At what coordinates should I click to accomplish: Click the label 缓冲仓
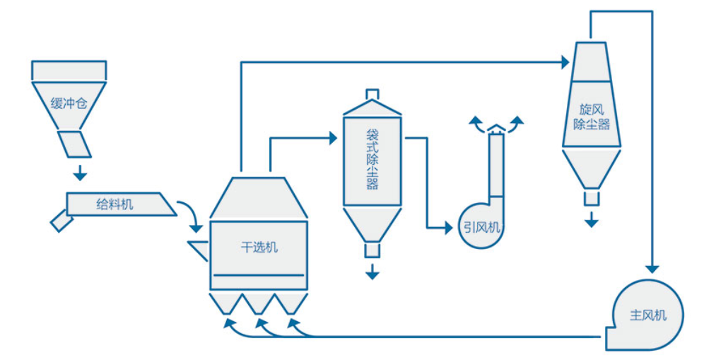69,103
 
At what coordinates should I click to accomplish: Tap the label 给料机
114,204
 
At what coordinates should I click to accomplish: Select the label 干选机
259,247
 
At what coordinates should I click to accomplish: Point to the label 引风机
482,227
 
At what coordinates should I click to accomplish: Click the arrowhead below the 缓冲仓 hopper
81,173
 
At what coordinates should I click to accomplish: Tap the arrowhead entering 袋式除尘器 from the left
332,138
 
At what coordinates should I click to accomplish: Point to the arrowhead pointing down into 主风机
652,269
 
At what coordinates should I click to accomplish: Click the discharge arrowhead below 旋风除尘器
591,221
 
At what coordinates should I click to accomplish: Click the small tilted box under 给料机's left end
60,221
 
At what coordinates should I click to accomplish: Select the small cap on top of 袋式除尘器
372,94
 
